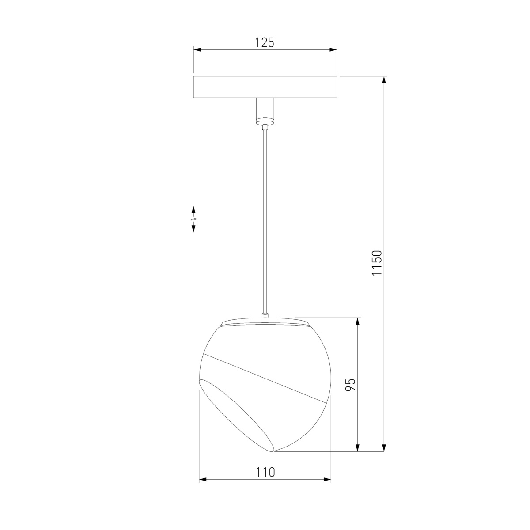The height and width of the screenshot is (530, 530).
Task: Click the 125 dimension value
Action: pos(265,43)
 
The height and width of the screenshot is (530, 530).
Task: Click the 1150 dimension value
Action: pos(377,263)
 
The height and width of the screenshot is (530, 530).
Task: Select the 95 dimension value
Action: pos(350,385)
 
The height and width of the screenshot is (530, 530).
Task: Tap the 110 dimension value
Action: pos(265,472)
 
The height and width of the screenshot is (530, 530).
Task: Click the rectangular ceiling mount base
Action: pos(265,87)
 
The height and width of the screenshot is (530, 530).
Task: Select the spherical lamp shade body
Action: pos(265,385)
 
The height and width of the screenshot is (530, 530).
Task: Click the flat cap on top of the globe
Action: pos(265,322)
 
